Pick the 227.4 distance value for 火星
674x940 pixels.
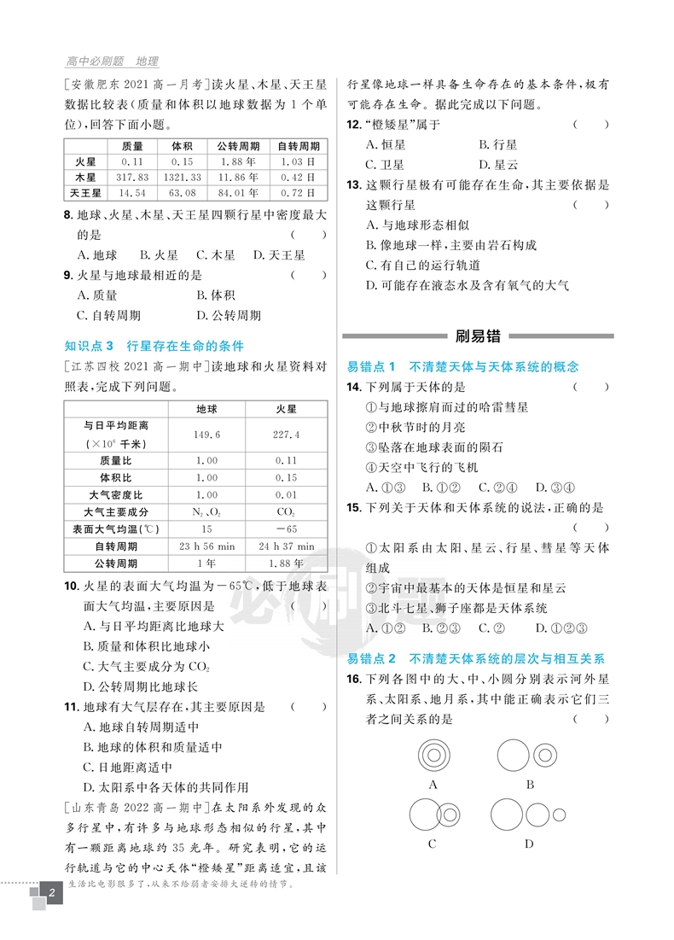click(x=286, y=435)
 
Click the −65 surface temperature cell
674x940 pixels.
click(x=286, y=528)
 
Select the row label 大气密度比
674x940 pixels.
click(x=116, y=494)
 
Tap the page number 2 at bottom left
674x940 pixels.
click(x=52, y=895)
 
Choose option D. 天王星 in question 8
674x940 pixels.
click(x=278, y=254)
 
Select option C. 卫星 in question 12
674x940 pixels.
click(x=385, y=165)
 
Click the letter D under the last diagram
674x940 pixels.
click(x=529, y=844)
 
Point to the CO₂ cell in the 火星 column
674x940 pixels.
click(x=286, y=511)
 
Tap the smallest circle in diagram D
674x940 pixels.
click(x=559, y=814)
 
